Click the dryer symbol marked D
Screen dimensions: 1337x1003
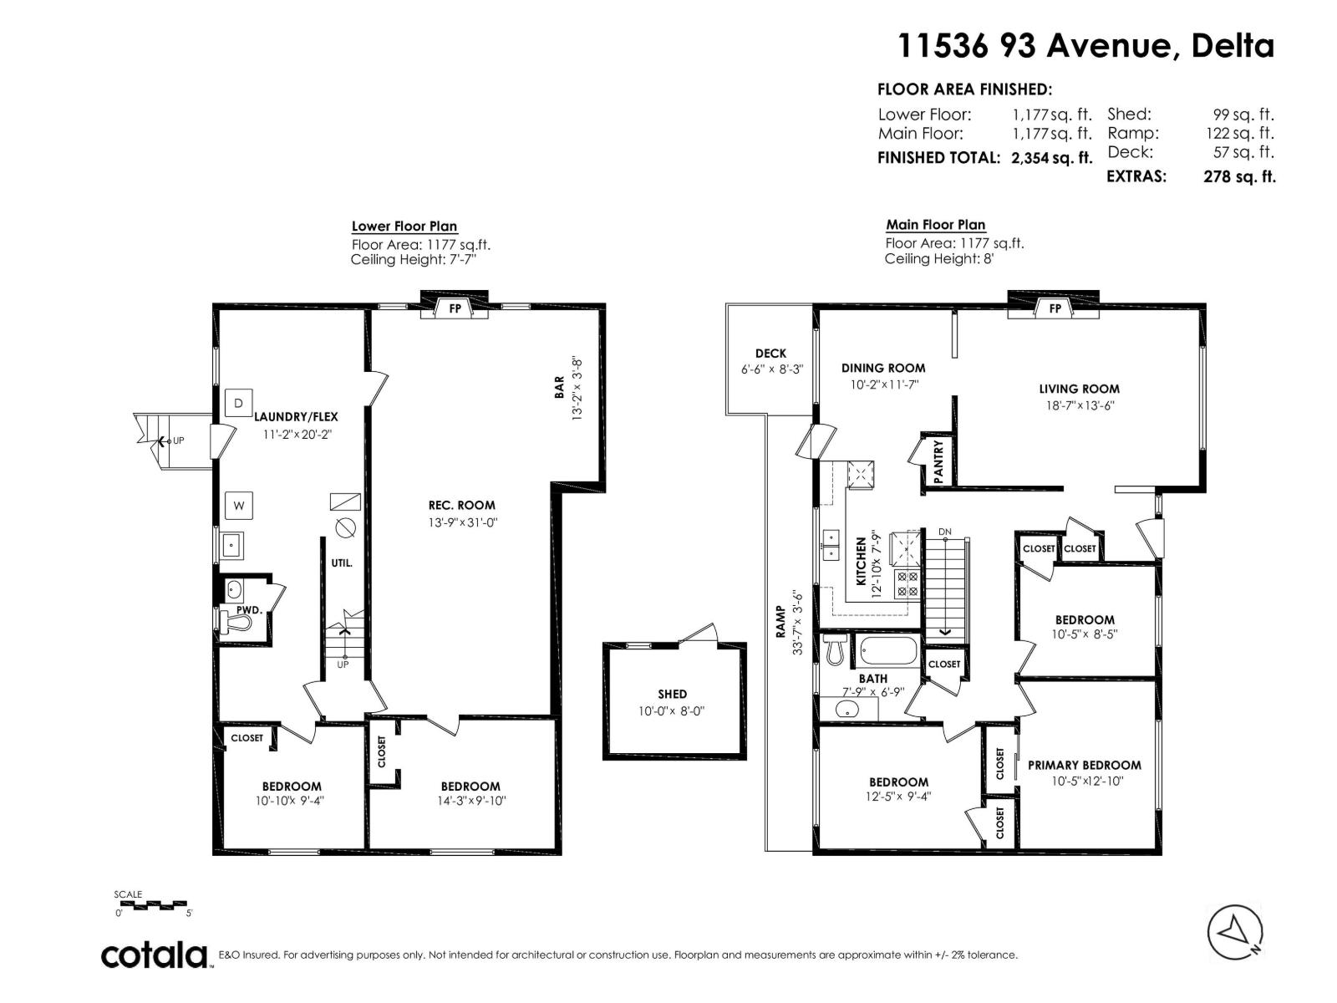[239, 403]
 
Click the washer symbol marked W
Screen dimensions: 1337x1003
[239, 506]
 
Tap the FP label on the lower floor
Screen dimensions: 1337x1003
[455, 308]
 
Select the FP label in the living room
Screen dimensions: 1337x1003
[1055, 308]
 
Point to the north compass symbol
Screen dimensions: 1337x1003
[1235, 932]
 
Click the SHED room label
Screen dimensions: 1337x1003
[672, 694]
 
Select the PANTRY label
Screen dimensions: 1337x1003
[938, 461]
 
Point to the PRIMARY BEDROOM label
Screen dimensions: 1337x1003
[1084, 765]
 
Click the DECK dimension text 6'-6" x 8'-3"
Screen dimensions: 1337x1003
[772, 369]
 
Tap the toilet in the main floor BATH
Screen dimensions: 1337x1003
[836, 649]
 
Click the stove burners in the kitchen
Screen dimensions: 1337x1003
[907, 583]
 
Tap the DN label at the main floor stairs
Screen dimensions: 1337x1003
[945, 532]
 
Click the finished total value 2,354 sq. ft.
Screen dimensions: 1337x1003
[1052, 158]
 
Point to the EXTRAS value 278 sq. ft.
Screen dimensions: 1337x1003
[1239, 176]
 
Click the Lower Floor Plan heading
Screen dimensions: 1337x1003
[404, 226]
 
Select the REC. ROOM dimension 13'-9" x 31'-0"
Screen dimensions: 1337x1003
[463, 522]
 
